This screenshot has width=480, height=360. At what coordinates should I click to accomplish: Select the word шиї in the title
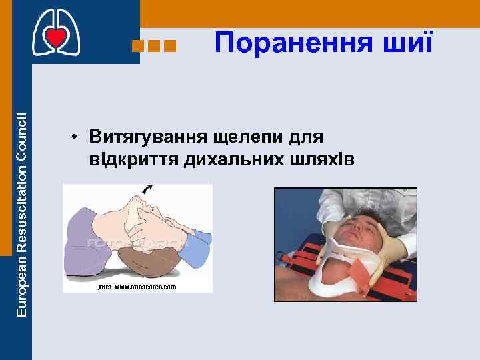click(x=409, y=43)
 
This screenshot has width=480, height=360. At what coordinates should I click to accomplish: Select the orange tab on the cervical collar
click(x=359, y=271)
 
